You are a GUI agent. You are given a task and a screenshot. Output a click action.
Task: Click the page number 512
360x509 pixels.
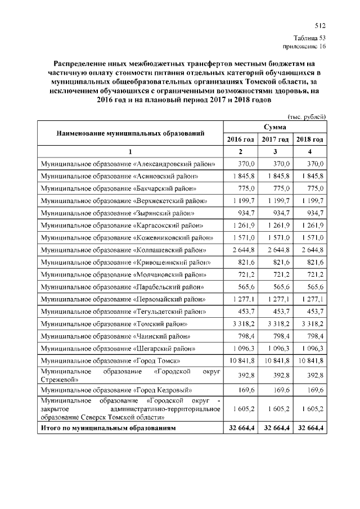click(x=320, y=25)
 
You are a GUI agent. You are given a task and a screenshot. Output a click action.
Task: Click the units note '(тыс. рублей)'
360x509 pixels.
click(x=307, y=116)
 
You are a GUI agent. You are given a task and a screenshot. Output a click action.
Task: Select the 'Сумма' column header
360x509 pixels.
click(x=275, y=128)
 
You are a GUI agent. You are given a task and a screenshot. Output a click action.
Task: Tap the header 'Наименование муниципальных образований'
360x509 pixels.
click(x=129, y=133)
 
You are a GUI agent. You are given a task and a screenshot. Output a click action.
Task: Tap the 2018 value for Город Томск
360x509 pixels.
click(x=310, y=359)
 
